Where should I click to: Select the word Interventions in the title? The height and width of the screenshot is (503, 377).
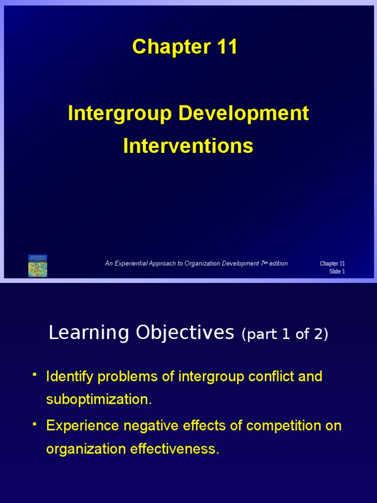pos(188,146)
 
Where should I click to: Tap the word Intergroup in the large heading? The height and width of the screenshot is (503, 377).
pos(120,113)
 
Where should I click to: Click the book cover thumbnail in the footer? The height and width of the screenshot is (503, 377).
pos(38,265)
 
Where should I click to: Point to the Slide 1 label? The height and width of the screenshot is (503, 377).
pos(337,272)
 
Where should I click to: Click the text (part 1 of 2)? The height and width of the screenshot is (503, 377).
pos(285,335)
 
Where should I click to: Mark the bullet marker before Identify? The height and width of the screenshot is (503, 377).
pos(34,375)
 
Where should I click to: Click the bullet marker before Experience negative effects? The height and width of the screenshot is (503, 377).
pos(34,423)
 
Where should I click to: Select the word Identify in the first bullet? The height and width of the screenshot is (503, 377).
pos(69,377)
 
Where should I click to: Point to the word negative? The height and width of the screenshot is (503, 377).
pos(138,425)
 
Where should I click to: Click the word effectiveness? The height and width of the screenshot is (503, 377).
pos(175,449)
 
